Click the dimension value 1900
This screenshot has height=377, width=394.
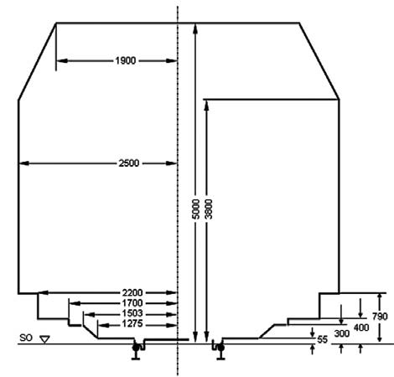126,60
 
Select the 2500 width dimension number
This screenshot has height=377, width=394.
129,163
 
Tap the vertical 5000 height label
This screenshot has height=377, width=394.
196,209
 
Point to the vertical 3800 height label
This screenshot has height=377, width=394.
209,209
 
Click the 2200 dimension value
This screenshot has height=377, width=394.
132,292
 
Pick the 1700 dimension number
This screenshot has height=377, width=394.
132,303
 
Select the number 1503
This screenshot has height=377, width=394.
132,313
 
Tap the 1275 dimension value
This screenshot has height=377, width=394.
132,324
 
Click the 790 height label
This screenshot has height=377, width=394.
380,317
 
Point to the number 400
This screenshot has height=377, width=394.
361,328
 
